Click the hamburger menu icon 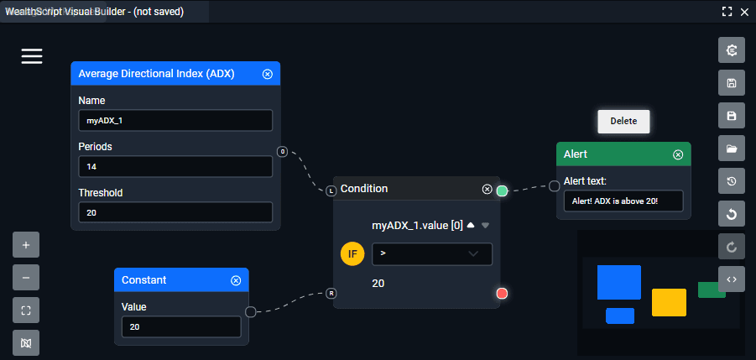coord(32,56)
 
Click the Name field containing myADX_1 coord(175,120)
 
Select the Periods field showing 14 coord(175,166)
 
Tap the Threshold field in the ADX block coord(175,212)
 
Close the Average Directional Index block coord(268,74)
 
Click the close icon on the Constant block coord(236,280)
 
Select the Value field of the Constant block coord(180,326)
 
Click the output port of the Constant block coord(250,312)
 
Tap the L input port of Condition coord(331,191)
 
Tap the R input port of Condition coord(331,294)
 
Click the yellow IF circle coord(352,253)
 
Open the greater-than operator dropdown coord(431,253)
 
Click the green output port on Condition coord(502,191)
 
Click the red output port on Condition coord(502,293)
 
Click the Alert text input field coord(623,201)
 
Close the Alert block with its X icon coord(678,154)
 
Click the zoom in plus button coord(26,245)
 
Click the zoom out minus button coord(26,277)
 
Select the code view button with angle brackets coord(732,279)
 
